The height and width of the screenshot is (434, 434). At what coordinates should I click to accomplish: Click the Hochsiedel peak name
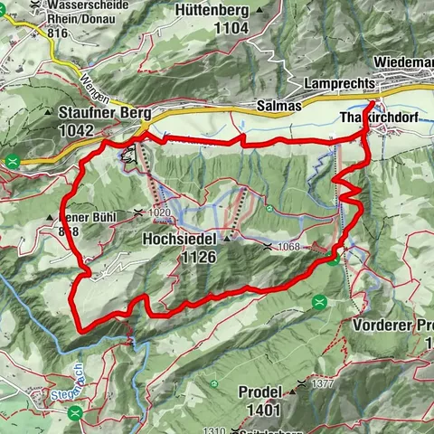179,241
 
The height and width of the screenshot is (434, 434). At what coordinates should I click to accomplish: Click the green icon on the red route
333,259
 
